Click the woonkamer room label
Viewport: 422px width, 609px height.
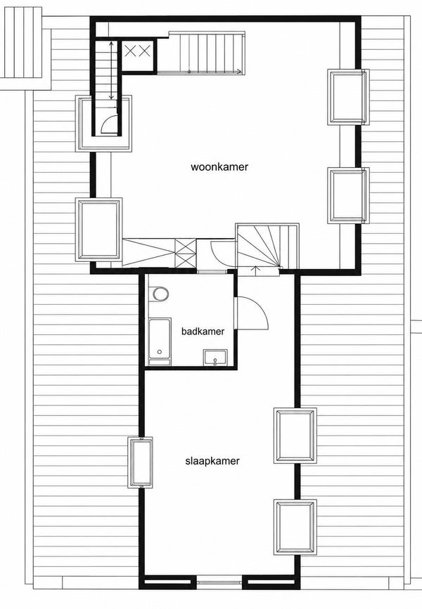(x=219, y=167)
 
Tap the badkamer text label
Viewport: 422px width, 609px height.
(x=203, y=332)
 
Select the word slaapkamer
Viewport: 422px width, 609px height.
(x=212, y=461)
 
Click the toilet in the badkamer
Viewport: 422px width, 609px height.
(x=160, y=294)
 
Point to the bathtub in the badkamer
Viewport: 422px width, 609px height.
(x=160, y=342)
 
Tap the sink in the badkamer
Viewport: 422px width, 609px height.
(x=215, y=357)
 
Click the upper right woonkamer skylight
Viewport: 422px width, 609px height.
(x=347, y=97)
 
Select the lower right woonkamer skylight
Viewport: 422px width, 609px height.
(x=347, y=195)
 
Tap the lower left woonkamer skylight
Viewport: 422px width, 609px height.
(x=98, y=230)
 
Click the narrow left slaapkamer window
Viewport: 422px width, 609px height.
(x=141, y=462)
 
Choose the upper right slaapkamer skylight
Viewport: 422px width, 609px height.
(x=295, y=436)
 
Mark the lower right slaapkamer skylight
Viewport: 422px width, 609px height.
(x=295, y=527)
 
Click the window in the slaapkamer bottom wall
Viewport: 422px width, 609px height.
(x=219, y=582)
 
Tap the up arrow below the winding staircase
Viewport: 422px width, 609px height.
(x=255, y=270)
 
